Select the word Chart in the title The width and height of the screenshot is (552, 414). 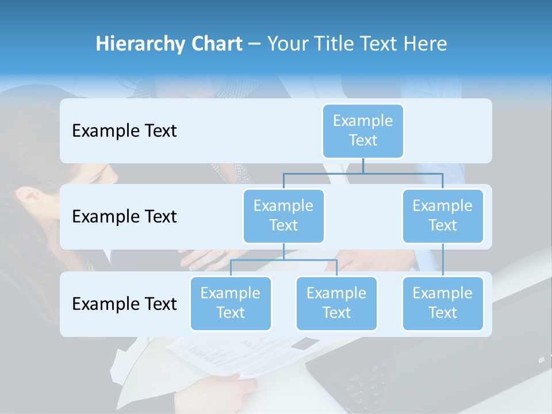[216, 44]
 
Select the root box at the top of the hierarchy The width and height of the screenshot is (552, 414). [363, 131]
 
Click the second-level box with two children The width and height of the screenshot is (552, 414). [283, 216]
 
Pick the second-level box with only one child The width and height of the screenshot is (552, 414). [443, 216]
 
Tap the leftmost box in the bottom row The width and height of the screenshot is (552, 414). [231, 303]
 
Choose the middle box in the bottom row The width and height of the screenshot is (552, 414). [336, 303]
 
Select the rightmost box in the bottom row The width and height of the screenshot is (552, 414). [443, 303]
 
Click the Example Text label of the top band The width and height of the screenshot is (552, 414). [124, 131]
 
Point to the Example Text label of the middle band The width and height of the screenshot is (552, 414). [124, 217]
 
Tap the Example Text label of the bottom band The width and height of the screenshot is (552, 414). [124, 304]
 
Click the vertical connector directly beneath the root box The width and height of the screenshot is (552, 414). [363, 166]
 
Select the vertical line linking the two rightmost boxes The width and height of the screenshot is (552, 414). [443, 260]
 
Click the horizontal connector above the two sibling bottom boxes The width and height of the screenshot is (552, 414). [283, 260]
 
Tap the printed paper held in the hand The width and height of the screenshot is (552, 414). [230, 354]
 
